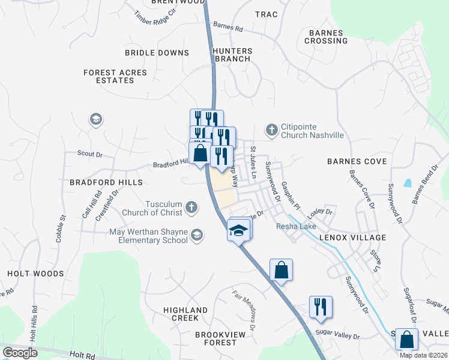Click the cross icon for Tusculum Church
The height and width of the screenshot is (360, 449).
[x=191, y=208]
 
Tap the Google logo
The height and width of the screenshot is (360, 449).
[x=20, y=353]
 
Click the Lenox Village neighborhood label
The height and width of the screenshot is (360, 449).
[x=352, y=238]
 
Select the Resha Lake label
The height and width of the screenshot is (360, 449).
[x=296, y=226]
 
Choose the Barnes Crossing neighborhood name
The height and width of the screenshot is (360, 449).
[x=326, y=37]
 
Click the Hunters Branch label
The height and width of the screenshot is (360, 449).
[x=232, y=55]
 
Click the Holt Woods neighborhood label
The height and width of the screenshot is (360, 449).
[x=35, y=274]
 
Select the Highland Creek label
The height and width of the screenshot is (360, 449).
[x=185, y=314]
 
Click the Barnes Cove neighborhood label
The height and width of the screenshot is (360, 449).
[x=357, y=161]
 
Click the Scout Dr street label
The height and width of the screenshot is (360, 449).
[x=90, y=154]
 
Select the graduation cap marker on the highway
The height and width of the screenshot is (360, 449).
[x=238, y=230]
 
